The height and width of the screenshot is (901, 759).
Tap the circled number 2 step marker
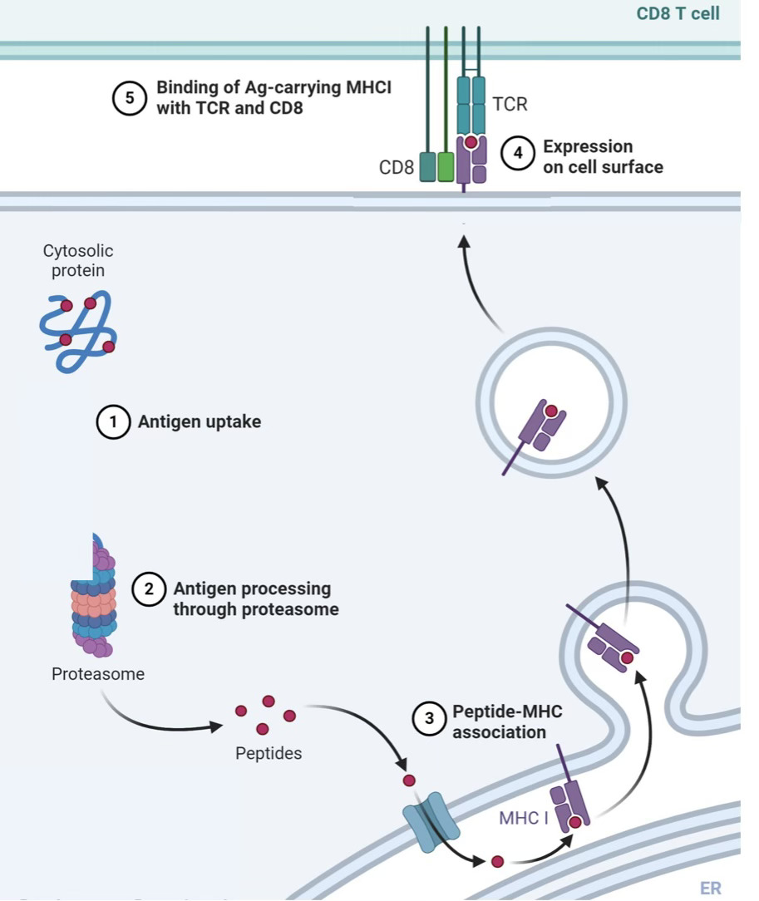point(149,589)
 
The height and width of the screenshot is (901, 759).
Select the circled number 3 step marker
point(429,718)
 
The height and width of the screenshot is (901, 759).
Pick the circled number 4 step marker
point(518,155)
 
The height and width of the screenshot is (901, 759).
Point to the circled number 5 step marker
point(129,97)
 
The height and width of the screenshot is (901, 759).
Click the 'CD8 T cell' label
point(678,14)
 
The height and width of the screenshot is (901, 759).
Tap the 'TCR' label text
point(510,105)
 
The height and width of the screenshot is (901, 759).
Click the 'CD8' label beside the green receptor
point(396,167)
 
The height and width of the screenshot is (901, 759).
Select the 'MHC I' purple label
point(524,818)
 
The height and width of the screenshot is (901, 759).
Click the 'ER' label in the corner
point(710,889)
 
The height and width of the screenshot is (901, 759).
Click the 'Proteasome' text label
point(97,674)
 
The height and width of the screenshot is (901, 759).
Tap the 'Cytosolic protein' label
point(78,260)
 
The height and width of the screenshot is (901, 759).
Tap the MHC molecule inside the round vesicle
point(542,428)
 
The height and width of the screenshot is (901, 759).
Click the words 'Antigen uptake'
point(199,422)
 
